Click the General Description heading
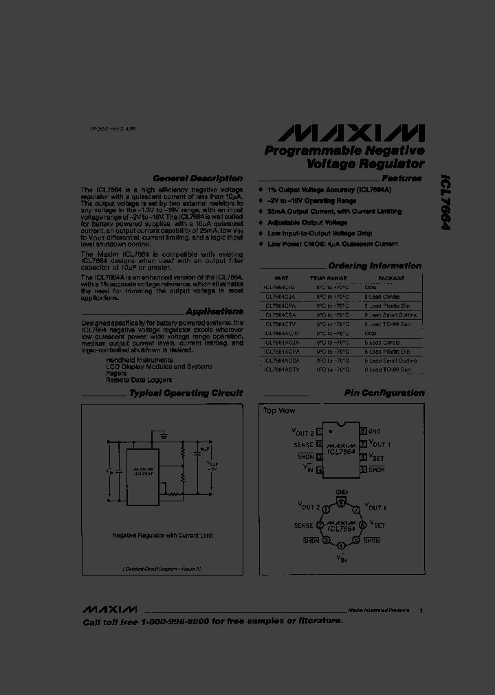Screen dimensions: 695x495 point(197,179)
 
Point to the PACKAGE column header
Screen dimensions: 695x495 point(391,279)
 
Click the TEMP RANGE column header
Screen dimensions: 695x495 point(328,279)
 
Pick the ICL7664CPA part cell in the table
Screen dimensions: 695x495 point(280,305)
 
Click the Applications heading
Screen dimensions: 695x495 point(214,311)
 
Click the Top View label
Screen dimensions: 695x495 point(279,411)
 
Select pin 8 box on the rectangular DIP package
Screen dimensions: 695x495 point(362,432)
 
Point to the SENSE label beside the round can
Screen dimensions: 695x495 point(303,525)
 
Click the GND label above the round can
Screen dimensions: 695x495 point(342,492)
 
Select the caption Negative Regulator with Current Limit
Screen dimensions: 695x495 point(162,535)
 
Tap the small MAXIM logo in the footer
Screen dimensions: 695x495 point(110,610)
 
